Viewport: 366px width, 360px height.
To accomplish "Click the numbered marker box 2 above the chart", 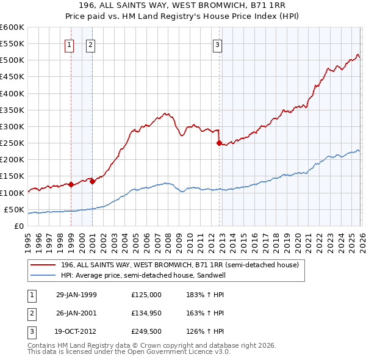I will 90,44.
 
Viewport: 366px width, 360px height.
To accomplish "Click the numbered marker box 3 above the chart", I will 217,44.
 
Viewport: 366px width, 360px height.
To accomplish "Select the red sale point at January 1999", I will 71,184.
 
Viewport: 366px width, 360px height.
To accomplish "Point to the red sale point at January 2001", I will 92,181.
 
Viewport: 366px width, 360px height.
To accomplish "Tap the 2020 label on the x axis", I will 296,237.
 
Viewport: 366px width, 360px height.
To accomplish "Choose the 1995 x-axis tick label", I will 28,237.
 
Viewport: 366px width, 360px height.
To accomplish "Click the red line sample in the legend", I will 43,265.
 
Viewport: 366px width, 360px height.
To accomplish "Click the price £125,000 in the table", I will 146,295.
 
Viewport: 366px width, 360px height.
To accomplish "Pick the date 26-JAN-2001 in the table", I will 76,313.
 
